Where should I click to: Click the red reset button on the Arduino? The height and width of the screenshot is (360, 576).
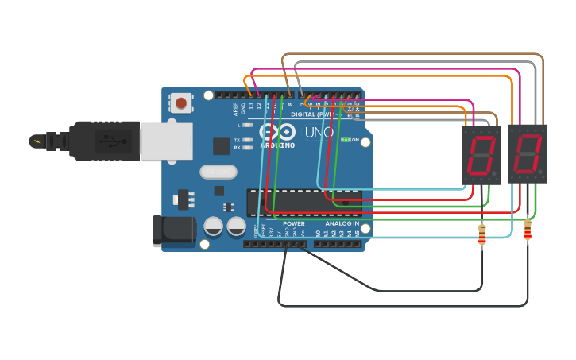[181, 103]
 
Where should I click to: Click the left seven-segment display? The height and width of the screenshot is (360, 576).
[481, 155]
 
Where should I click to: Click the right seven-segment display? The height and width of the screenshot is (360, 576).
[527, 154]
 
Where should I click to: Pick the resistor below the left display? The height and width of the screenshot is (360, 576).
[481, 235]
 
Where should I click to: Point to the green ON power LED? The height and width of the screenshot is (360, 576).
[346, 140]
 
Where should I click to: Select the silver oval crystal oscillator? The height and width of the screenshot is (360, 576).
[218, 172]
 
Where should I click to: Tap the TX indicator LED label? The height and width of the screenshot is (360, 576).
[237, 140]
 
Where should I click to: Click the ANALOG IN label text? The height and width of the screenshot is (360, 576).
[342, 224]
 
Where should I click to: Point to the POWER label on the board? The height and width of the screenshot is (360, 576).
[293, 224]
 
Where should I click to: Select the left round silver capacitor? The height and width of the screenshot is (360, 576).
[214, 226]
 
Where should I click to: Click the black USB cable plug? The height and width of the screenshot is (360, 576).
[103, 141]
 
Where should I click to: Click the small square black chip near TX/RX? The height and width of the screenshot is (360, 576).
[222, 145]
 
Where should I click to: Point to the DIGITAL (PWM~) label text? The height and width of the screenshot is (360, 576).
[314, 114]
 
